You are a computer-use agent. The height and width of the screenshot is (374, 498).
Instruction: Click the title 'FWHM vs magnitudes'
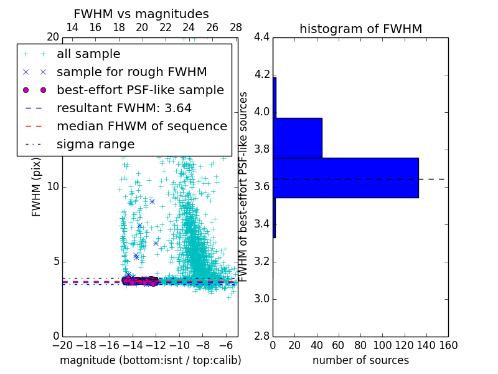pos(141,14)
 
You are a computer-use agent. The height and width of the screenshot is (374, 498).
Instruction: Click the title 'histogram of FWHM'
pos(360,29)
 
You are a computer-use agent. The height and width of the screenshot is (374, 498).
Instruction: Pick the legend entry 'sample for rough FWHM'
pos(131,72)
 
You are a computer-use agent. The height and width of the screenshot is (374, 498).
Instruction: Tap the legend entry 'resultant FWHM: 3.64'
pos(124,108)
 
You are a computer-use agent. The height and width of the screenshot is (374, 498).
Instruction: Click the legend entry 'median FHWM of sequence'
pos(141,126)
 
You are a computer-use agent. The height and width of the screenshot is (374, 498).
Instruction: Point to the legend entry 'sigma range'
pos(95,144)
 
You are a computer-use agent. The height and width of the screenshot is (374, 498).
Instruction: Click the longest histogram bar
pos(345,178)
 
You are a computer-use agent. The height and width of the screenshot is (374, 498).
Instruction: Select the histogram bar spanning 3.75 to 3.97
pos(298,138)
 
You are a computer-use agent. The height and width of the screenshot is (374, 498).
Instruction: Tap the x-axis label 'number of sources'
pos(360,360)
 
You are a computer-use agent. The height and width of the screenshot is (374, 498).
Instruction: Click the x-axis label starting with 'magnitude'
pos(150,360)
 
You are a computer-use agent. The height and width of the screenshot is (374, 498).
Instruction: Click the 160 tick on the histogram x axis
pos(448,345)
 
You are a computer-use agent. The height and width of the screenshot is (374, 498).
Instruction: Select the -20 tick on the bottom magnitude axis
pos(62,345)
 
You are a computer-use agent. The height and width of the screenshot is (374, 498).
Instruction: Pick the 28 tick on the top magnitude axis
pos(236,27)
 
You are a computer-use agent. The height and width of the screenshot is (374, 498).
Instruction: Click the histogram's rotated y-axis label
pos(244,187)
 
